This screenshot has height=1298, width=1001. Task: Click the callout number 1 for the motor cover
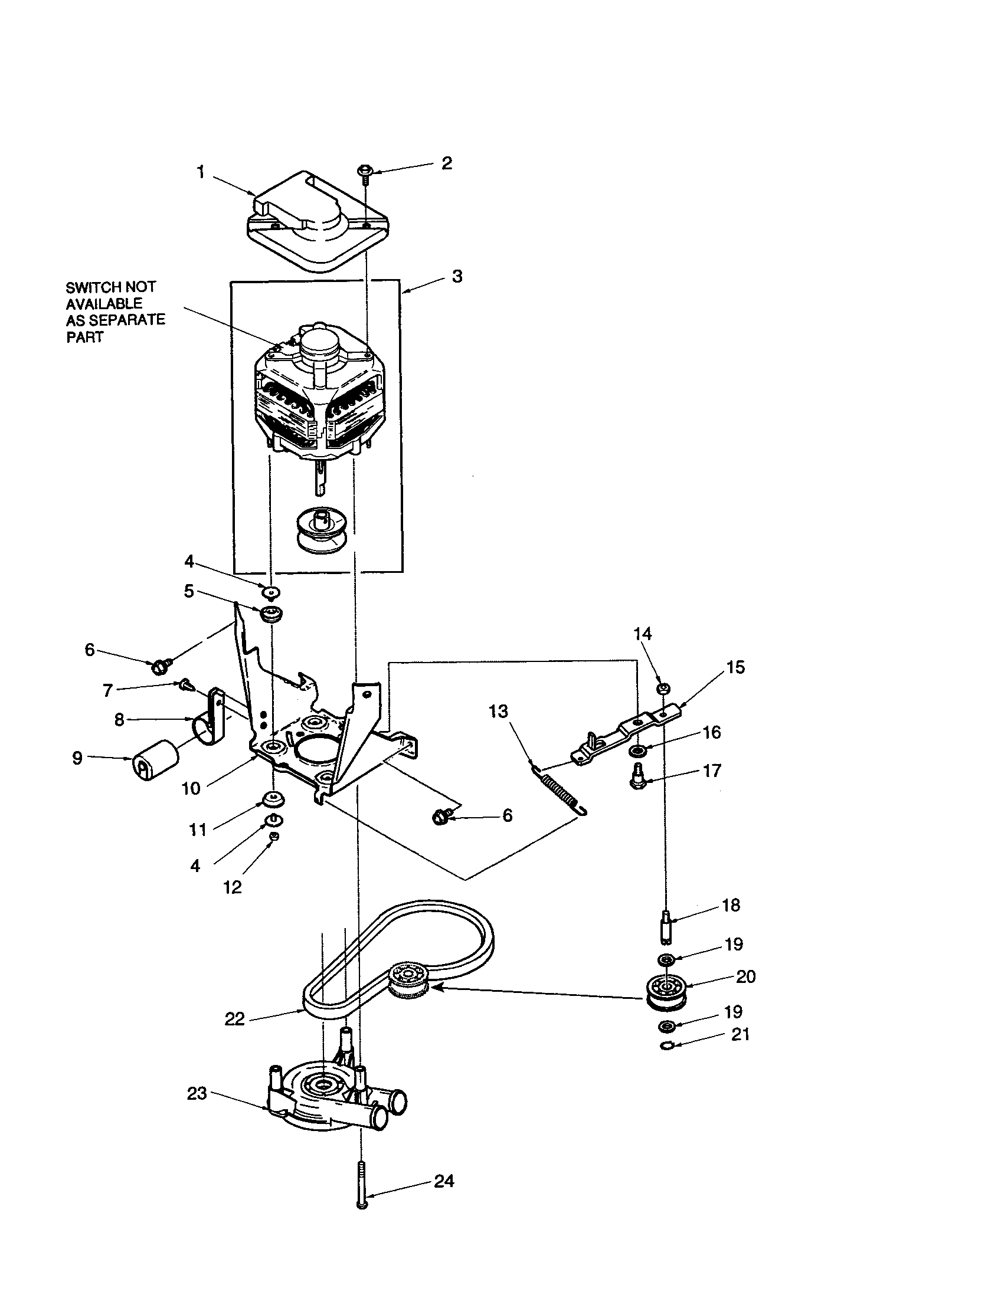tap(201, 173)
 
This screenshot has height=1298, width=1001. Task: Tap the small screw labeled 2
tap(364, 171)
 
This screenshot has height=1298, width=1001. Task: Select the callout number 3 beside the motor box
tap(456, 277)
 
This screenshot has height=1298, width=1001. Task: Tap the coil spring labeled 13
tap(559, 792)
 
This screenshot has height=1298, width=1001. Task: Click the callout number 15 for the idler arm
tap(735, 667)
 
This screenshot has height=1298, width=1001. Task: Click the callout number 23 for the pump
tap(197, 1093)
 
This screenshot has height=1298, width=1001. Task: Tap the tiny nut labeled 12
tap(274, 836)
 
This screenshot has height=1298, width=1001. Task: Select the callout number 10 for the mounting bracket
tap(191, 789)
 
